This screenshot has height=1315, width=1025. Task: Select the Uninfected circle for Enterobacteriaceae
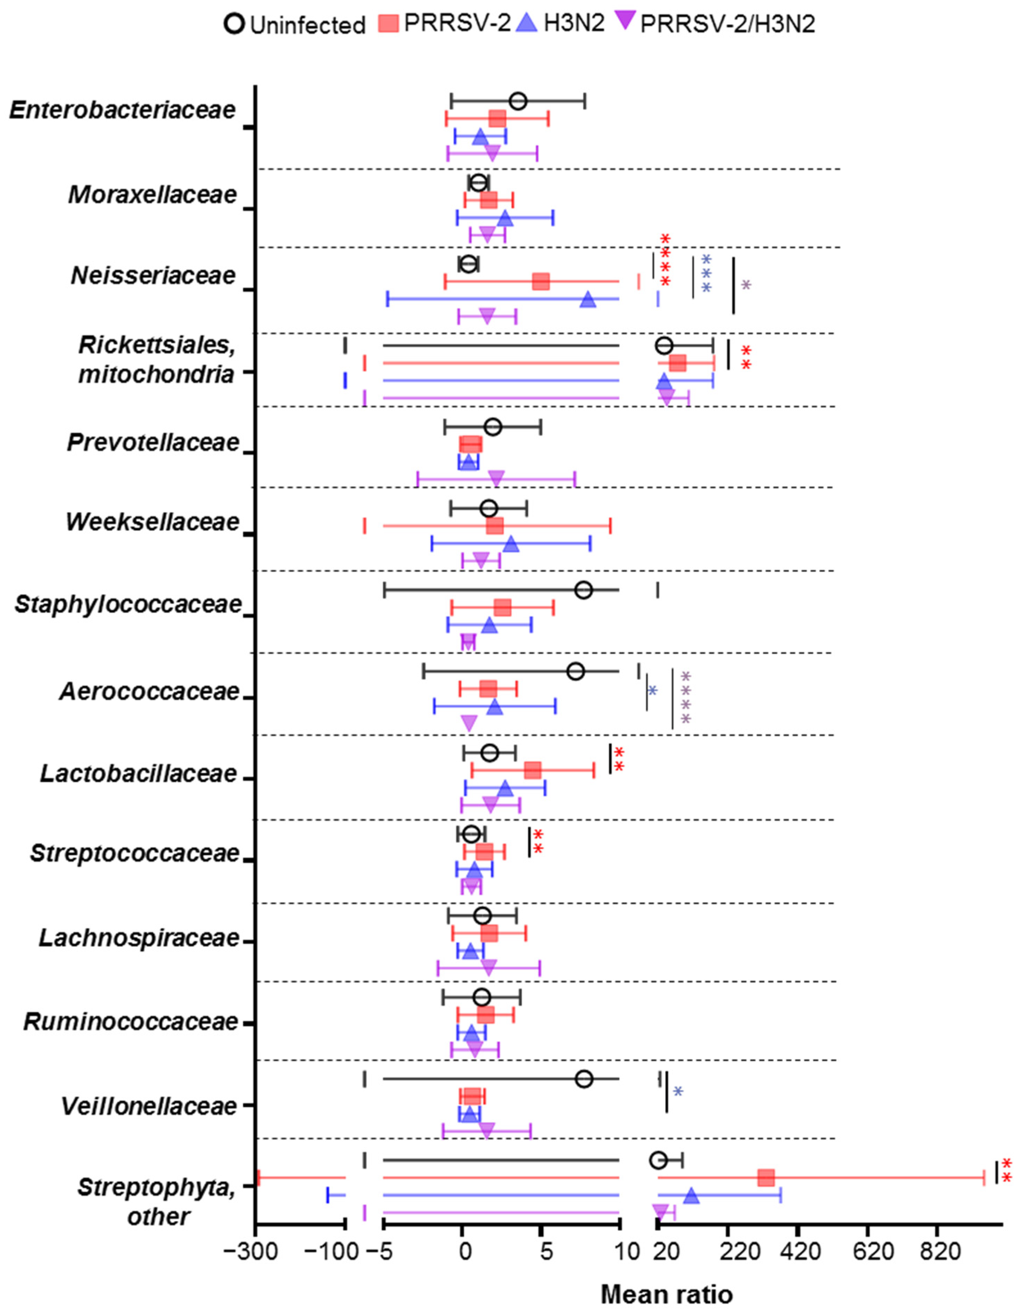coord(518,101)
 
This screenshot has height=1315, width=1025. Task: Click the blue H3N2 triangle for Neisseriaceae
coord(588,299)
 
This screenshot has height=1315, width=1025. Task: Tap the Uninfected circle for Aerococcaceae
coord(576,671)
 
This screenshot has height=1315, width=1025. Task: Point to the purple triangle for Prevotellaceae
coord(496,479)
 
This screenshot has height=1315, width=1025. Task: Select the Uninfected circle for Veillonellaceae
coord(584,1079)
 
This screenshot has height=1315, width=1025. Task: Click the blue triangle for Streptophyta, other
coord(691,1195)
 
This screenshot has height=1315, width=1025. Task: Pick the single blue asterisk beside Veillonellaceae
coord(678,1092)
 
